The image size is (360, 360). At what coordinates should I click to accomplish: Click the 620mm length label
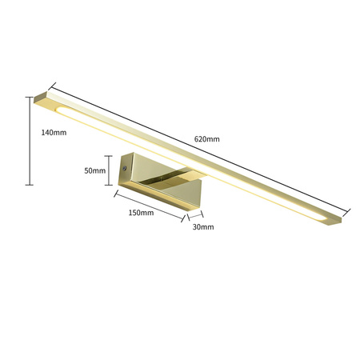pos(206,138)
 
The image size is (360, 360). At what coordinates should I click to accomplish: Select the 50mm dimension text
pos(94,170)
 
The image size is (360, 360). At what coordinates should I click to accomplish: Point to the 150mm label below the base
pos(140,213)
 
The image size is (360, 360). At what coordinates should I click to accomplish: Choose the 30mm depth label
pos(203,227)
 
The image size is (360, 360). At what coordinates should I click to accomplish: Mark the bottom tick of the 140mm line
pos(30,185)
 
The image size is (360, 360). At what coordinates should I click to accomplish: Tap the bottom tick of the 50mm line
pos(110,186)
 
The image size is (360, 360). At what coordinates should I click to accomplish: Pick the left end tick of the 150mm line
pos(117,192)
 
